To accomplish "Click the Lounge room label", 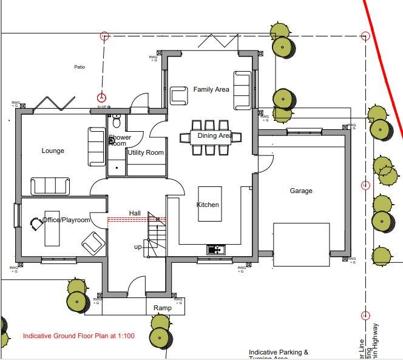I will pos(53,151).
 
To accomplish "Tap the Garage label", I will pos(300,191).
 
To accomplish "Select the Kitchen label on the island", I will pos(208,205).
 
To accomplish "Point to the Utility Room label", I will pos(146,153).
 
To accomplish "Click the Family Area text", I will pos(211,89).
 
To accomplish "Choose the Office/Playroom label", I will pos(66,220).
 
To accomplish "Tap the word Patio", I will pos(80,67).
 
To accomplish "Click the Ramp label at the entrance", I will pos(162,308).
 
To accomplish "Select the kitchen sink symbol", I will pos(215,249).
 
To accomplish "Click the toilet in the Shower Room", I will pos(117,122).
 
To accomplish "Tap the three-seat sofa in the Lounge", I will pos(50,186).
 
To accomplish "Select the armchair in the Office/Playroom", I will pos(93,243).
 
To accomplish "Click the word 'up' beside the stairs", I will pos(139,247).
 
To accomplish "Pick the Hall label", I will pos(135,213).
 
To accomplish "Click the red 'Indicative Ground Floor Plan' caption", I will pos(78,336).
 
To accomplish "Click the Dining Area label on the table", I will pos(214,136).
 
